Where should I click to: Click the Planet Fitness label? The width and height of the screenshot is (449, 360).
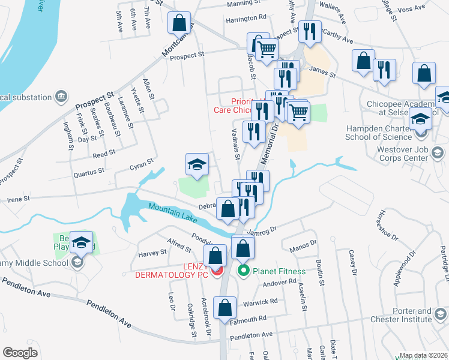279,271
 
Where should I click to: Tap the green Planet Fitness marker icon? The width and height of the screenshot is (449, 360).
244,271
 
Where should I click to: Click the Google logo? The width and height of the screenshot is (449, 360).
20,352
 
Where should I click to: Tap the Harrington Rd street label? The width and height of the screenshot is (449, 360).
246,19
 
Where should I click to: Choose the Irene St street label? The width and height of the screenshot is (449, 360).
18,199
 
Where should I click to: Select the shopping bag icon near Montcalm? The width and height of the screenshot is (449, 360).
179,23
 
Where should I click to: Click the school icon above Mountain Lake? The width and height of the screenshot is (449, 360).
197,164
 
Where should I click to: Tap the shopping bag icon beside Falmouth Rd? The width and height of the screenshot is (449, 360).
224,307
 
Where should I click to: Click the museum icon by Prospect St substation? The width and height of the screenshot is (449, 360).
61,96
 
